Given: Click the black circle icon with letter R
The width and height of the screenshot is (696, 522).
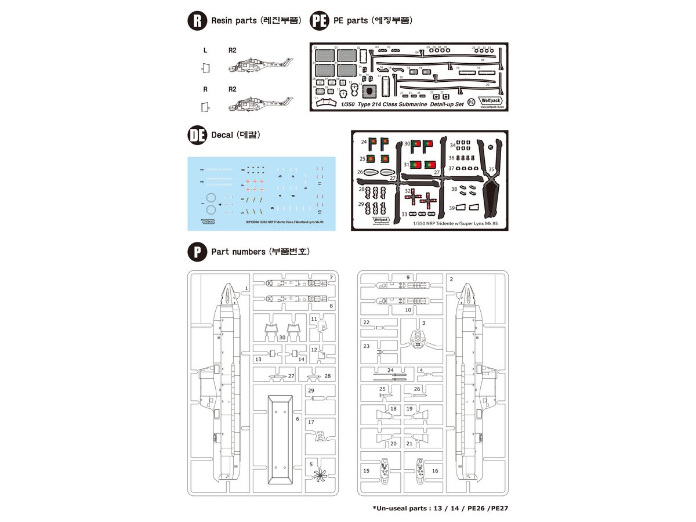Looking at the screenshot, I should pyautogui.click(x=198, y=21).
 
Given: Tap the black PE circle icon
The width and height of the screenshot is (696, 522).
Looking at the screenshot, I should pyautogui.click(x=320, y=21).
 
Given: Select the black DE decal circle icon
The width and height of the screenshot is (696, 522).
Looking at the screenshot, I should pyautogui.click(x=198, y=135).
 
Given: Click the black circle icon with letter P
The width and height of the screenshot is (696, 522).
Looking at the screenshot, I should pyautogui.click(x=198, y=252).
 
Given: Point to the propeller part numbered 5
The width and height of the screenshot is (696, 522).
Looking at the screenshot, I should pyautogui.click(x=320, y=475).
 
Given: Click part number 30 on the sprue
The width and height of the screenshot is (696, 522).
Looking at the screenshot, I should pyautogui.click(x=282, y=337).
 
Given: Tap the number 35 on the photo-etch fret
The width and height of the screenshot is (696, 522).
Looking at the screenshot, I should pyautogui.click(x=492, y=170).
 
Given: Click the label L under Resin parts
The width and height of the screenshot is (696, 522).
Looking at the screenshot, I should pyautogui.click(x=205, y=50).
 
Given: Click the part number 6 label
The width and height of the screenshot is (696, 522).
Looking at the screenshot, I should pyautogui.click(x=298, y=418).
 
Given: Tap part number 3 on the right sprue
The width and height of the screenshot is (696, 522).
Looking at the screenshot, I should pyautogui.click(x=424, y=323).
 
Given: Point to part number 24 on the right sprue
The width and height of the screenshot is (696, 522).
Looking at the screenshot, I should pyautogui.click(x=390, y=370).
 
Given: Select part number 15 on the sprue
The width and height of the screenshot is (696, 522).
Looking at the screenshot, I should pyautogui.click(x=366, y=471).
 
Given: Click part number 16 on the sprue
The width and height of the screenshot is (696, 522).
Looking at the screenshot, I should pyautogui.click(x=434, y=471).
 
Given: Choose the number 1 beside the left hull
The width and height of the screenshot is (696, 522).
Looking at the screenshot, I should pyautogui.click(x=246, y=288).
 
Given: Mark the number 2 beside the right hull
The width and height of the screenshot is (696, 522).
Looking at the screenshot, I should pyautogui.click(x=451, y=280).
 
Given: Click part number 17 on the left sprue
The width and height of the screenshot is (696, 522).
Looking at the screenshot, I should pyautogui.click(x=311, y=422).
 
